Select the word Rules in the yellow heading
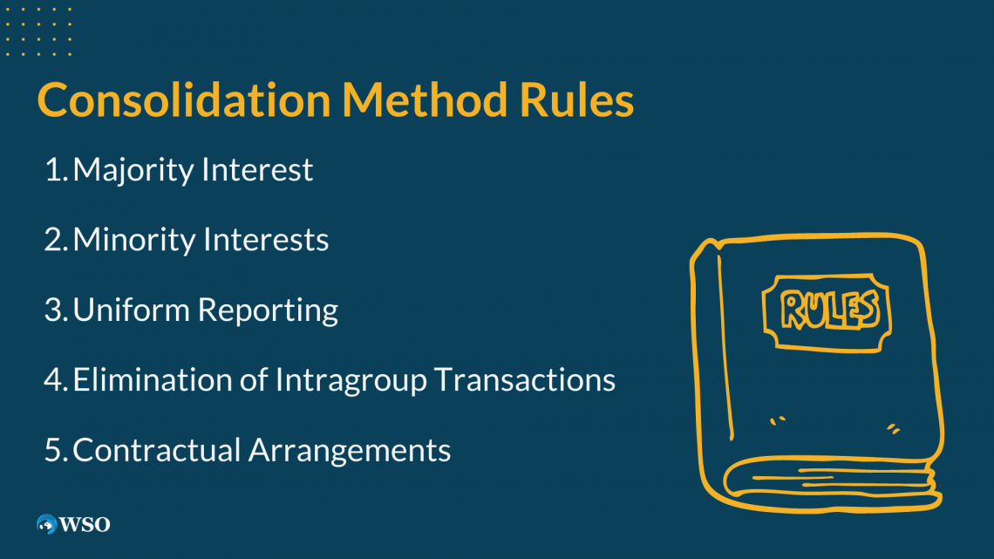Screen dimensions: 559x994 pos(576,100)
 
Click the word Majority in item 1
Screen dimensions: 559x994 pos(134,170)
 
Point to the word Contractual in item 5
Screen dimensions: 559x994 pos(157,450)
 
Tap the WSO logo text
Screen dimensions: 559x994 pos(85,524)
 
